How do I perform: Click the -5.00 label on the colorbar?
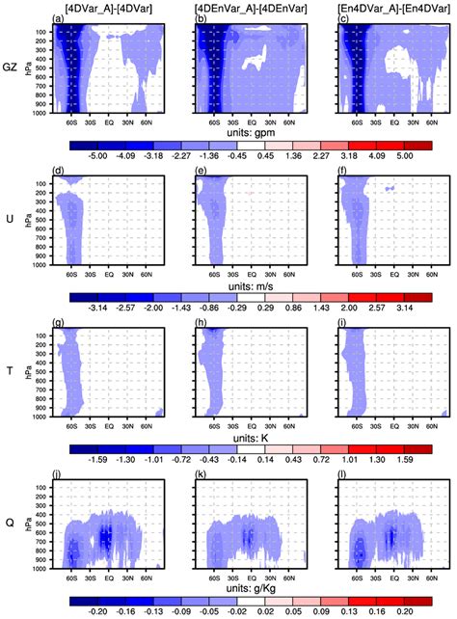coord(94,153)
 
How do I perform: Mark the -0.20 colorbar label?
coord(94,609)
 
